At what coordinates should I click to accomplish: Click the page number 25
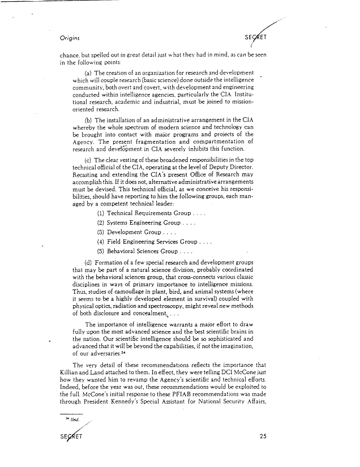point(262,436)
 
